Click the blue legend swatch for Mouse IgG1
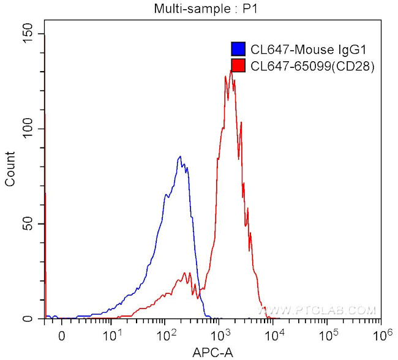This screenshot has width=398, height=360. [238, 50]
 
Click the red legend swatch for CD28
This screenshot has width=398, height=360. [238, 66]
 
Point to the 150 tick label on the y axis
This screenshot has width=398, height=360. [27, 34]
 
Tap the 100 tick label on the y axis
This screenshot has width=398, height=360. [27, 129]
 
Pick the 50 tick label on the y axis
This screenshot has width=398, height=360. [29, 223]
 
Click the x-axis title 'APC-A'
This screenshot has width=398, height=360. [212, 352]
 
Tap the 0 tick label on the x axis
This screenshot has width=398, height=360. [61, 336]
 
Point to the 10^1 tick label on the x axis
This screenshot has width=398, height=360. [111, 334]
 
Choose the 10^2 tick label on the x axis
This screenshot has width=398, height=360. [165, 334]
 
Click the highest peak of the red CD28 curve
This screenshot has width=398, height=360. [231, 70]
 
